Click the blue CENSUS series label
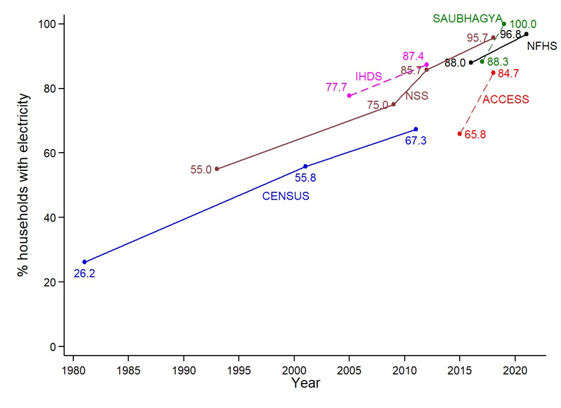285,196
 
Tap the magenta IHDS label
369,76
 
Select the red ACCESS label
505,100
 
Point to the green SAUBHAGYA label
468,18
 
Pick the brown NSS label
417,96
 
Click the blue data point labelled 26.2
84,262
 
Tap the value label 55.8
306,178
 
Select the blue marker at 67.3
416,129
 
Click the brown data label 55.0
200,170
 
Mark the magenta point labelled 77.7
349,95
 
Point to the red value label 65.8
475,134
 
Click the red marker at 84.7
493,73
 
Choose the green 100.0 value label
522,24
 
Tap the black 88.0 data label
455,63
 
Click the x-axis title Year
305,384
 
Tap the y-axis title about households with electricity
23,184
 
